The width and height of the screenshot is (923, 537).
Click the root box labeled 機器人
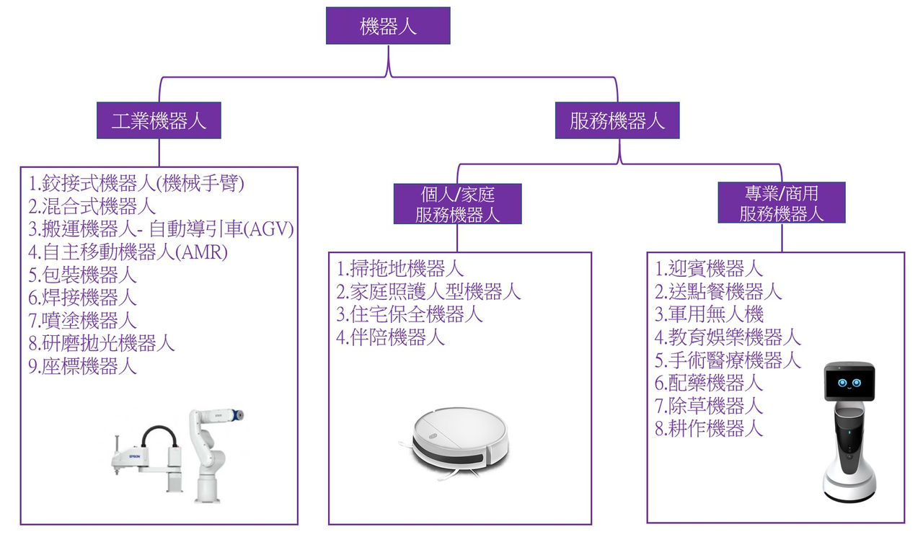pyautogui.click(x=388, y=27)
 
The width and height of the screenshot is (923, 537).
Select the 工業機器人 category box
pyautogui.click(x=159, y=120)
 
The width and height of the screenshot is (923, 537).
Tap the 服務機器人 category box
pyautogui.click(x=617, y=120)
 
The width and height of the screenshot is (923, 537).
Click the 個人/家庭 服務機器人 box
pyautogui.click(x=458, y=204)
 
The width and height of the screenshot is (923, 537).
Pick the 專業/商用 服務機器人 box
pyautogui.click(x=782, y=203)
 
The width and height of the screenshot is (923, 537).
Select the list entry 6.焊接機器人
pyautogui.click(x=83, y=297)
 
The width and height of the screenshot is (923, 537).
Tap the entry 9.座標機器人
pyautogui.click(x=83, y=366)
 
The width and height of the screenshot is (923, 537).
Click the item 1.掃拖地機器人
pyautogui.click(x=399, y=270)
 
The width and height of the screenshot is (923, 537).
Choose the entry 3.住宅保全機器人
pyautogui.click(x=410, y=314)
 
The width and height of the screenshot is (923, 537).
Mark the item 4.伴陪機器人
pyautogui.click(x=390, y=337)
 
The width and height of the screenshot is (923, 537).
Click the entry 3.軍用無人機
pyautogui.click(x=709, y=314)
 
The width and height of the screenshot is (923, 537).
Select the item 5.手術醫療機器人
pyautogui.click(x=728, y=360)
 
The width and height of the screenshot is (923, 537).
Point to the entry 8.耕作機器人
pyautogui.click(x=709, y=428)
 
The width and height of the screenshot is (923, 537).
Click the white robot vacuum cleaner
pyautogui.click(x=459, y=439)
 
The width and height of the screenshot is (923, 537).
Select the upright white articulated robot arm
pyautogui.click(x=213, y=454)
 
